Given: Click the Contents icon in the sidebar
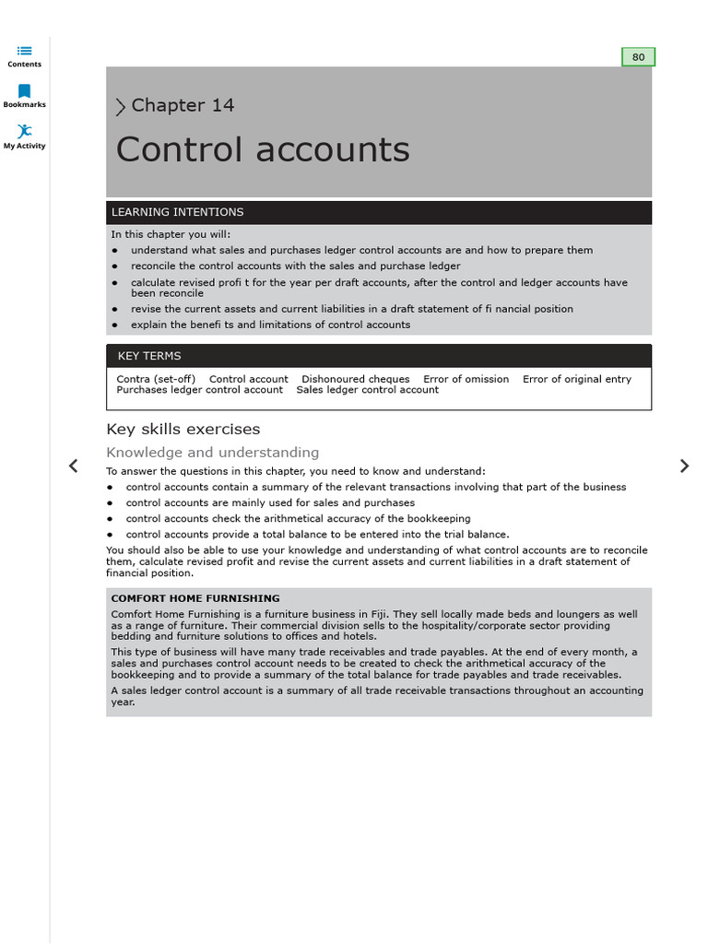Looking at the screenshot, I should pyautogui.click(x=24, y=51).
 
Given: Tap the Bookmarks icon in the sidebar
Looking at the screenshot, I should pyautogui.click(x=24, y=91).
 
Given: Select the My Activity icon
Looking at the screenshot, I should pyautogui.click(x=24, y=132).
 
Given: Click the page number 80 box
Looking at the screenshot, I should pyautogui.click(x=638, y=57).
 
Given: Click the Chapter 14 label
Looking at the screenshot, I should pyautogui.click(x=183, y=106).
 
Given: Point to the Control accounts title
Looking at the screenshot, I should pyautogui.click(x=263, y=150).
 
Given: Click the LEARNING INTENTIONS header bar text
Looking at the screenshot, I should pyautogui.click(x=177, y=212).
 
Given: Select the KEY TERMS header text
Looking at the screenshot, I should pyautogui.click(x=149, y=356).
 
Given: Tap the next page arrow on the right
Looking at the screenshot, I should pyautogui.click(x=684, y=466).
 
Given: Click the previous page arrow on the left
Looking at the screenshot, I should pyautogui.click(x=74, y=466).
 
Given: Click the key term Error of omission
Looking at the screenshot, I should pyautogui.click(x=466, y=379).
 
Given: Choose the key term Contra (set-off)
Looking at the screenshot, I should pyautogui.click(x=156, y=379).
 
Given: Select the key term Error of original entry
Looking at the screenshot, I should pyautogui.click(x=576, y=379).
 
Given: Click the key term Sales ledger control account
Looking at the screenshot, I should pyautogui.click(x=367, y=390).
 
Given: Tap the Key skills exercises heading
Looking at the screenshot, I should pyautogui.click(x=183, y=430).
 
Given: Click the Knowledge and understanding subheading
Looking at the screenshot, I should pyautogui.click(x=212, y=453).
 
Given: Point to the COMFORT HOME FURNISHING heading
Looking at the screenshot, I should pyautogui.click(x=195, y=598).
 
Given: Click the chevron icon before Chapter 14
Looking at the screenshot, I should pyautogui.click(x=120, y=107).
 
